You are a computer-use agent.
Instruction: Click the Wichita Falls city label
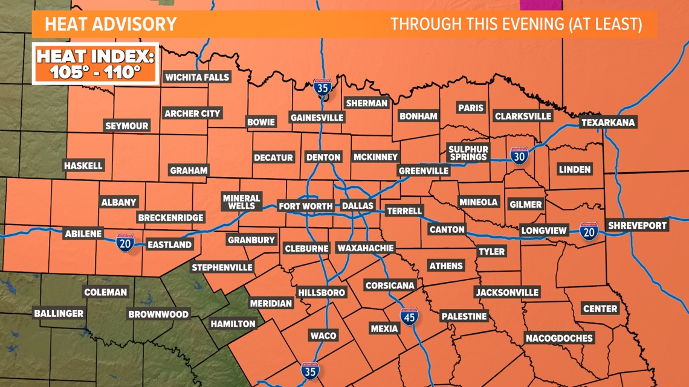point(197,77)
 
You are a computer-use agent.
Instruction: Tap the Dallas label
point(358,206)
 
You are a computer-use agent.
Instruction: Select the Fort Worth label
point(306,206)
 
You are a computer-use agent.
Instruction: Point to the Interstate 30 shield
point(519,156)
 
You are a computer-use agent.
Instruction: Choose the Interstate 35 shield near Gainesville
point(322,88)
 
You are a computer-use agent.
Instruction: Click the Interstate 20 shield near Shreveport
point(588,231)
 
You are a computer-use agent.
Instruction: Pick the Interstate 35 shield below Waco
point(310,370)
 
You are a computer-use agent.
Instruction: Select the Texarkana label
point(608,123)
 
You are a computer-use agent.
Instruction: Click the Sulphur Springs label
point(468,153)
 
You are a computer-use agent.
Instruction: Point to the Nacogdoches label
point(559,338)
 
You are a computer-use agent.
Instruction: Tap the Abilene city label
point(83,234)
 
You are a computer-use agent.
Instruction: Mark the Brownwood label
point(158,314)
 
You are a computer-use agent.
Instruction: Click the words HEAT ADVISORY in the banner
point(111,24)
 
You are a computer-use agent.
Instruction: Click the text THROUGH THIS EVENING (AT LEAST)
point(516,24)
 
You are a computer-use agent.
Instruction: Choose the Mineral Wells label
point(241,202)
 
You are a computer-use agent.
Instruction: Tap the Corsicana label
point(390,285)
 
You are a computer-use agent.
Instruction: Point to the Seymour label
point(127,126)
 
